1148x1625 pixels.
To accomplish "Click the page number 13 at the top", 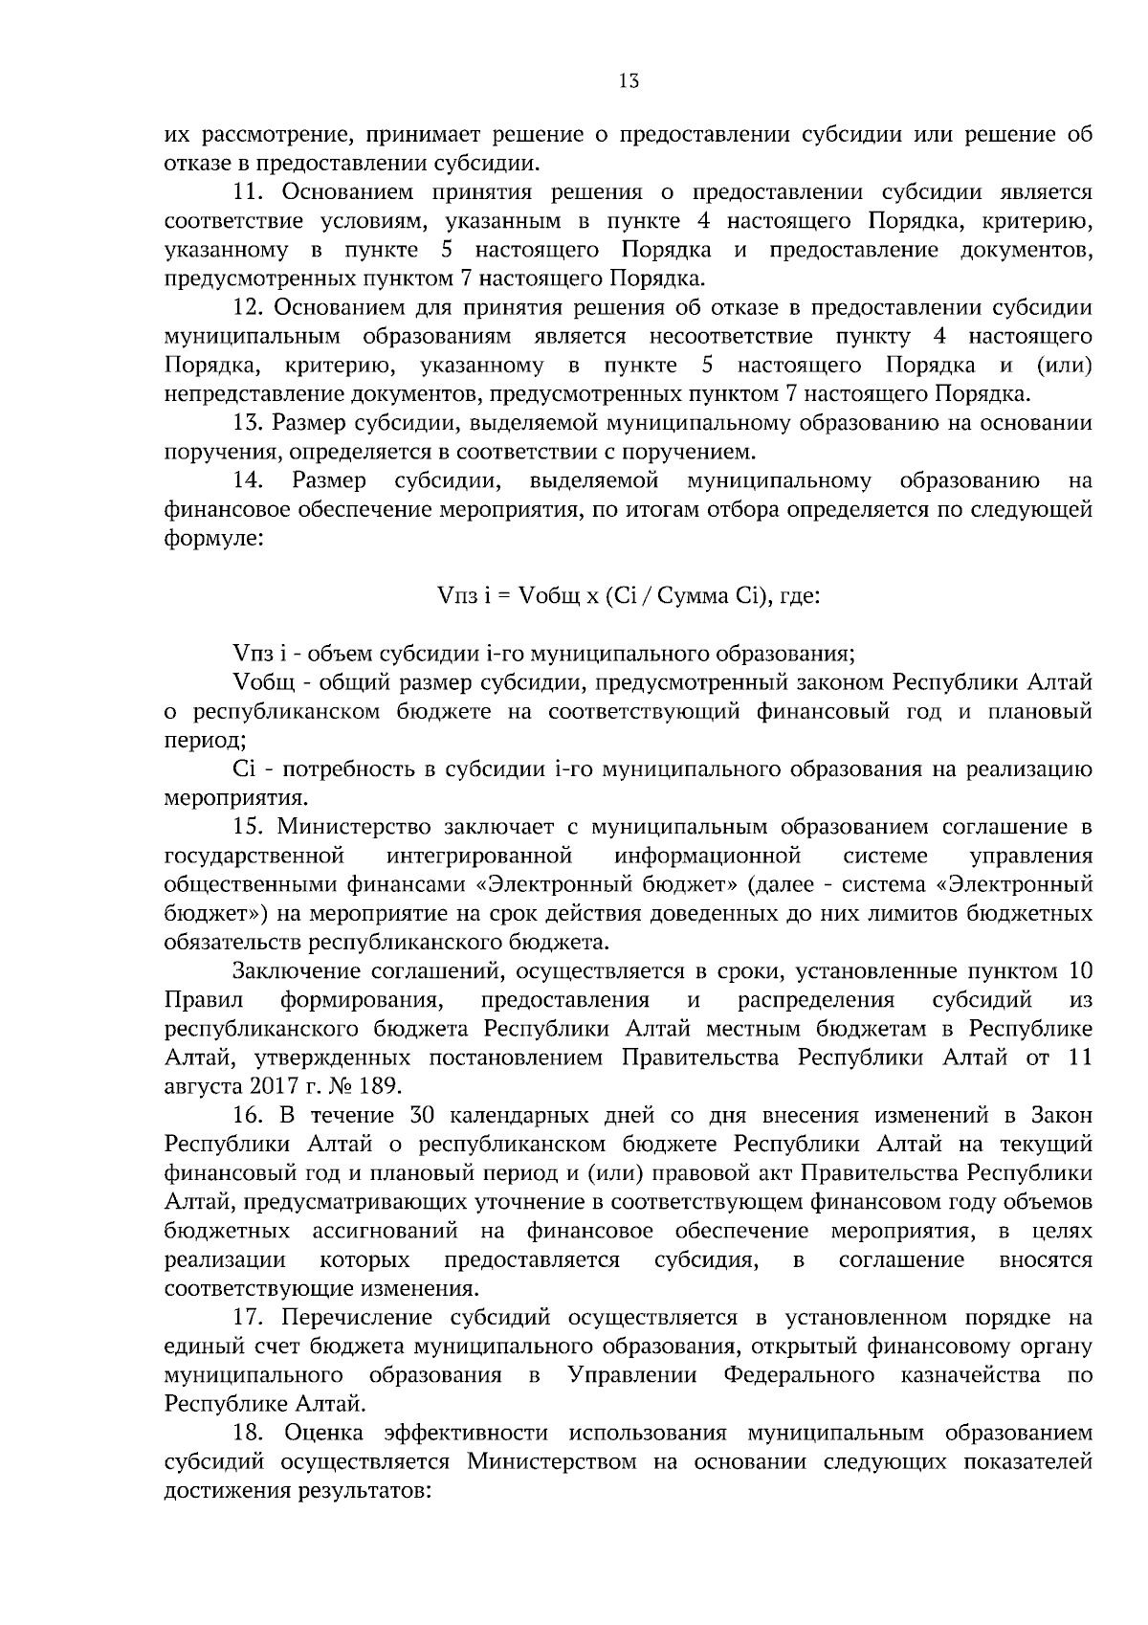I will point(629,82).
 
